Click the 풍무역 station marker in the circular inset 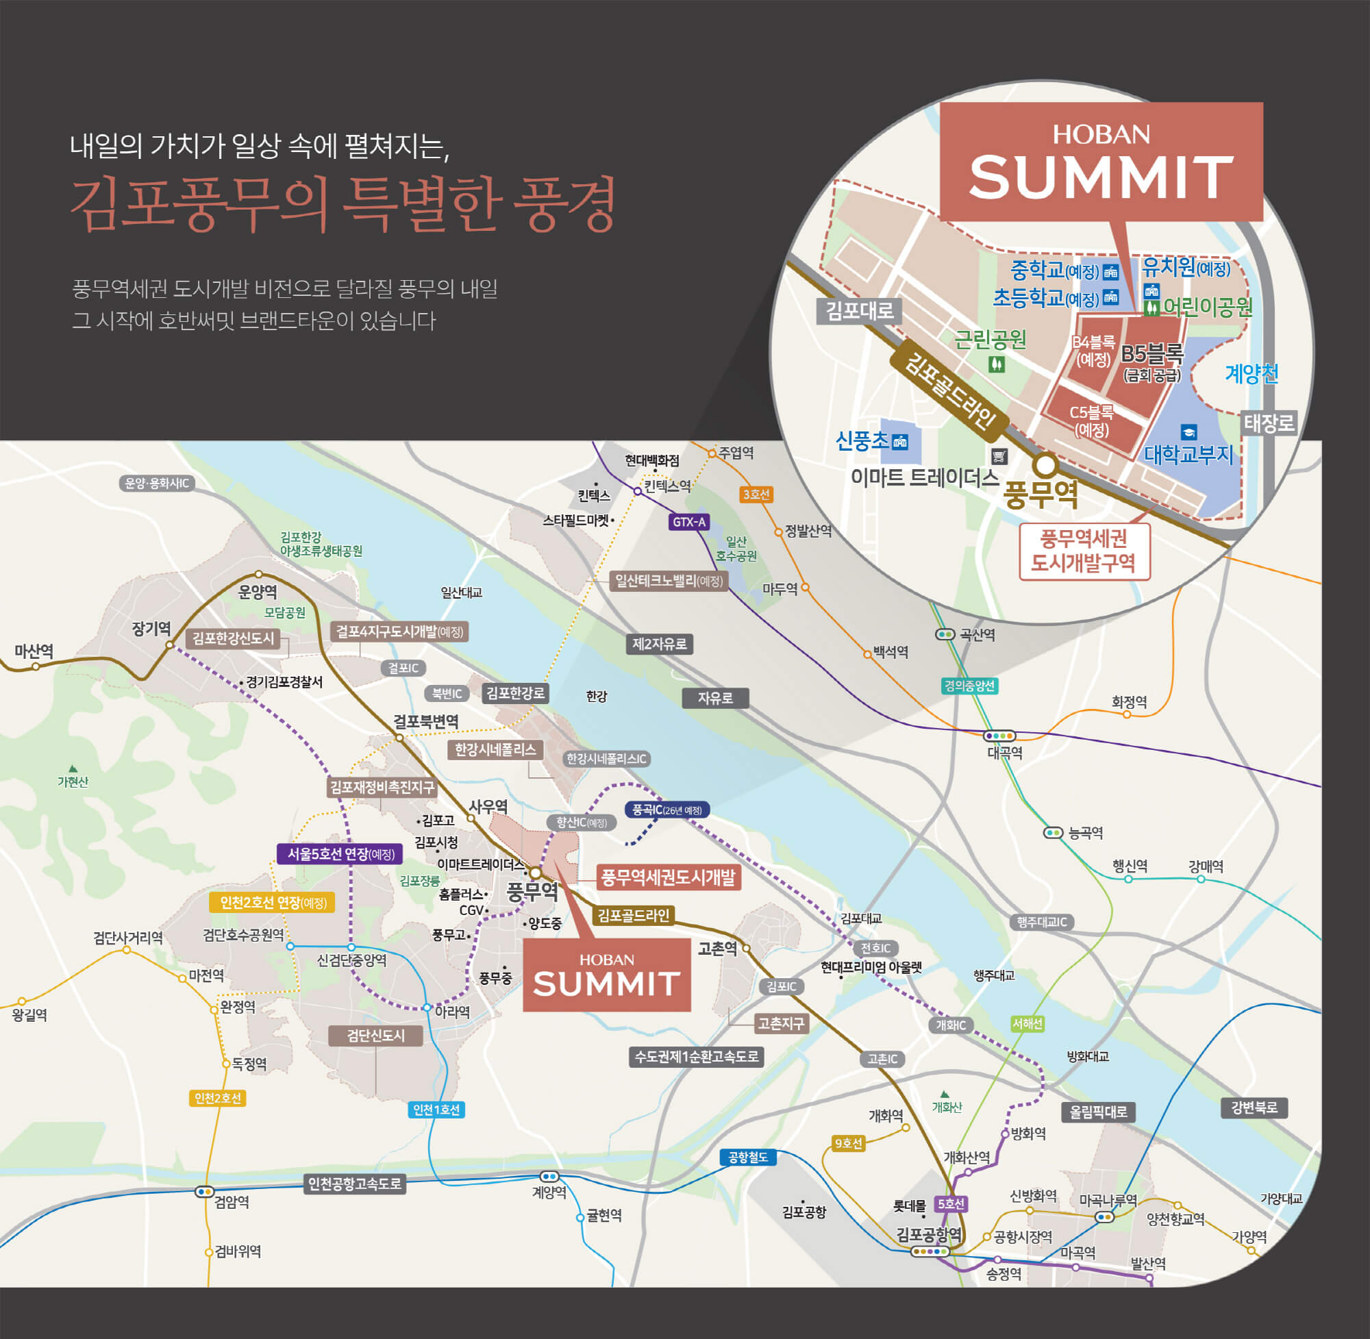1045,464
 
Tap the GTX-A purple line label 688,522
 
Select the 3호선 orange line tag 756,495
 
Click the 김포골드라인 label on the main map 633,915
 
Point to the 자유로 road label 714,698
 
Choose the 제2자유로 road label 659,644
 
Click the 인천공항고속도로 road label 354,1184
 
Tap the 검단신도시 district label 375,1035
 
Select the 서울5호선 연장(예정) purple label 340,854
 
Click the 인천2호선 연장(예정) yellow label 272,902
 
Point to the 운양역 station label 258,592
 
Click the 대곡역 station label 1004,753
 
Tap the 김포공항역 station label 928,1234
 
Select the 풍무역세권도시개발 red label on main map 667,877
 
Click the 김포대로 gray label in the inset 859,310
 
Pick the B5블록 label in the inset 1152,353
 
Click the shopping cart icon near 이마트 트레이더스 999,456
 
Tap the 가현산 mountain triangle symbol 73,768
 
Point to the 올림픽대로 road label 1098,1111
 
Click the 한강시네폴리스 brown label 495,750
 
